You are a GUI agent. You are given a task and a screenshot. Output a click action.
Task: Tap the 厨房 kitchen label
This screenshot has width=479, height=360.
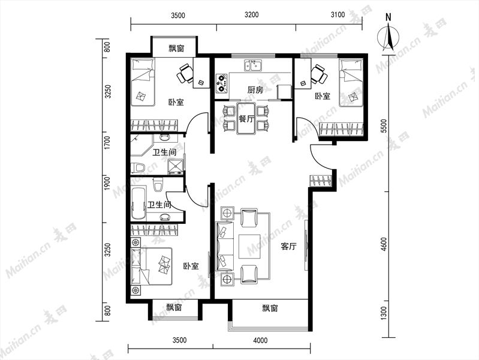point(255,90)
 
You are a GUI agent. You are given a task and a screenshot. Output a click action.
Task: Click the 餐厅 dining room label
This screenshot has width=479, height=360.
point(246,119)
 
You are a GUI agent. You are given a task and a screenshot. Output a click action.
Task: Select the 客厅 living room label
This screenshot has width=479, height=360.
point(288,246)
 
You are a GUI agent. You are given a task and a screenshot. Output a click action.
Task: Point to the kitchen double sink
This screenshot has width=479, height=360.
point(252,65)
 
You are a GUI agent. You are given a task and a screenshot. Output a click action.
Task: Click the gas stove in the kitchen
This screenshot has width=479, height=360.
point(221,83)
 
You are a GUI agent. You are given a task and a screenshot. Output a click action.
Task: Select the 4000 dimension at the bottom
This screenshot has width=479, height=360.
point(260,340)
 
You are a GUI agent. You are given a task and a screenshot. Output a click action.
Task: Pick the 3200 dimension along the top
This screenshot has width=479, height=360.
point(252,14)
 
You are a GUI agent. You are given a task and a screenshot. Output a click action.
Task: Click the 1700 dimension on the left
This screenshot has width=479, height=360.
point(107,143)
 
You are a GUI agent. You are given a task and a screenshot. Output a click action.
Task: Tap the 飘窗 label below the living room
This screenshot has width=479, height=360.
point(270,308)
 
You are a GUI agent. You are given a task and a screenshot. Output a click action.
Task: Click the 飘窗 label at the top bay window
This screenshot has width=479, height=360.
point(177,48)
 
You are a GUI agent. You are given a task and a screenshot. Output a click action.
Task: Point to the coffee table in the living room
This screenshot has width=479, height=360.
point(249,246)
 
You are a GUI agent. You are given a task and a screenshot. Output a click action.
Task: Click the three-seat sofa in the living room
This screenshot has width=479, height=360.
point(225,246)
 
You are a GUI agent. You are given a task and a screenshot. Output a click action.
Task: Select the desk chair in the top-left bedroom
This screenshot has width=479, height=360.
point(185,73)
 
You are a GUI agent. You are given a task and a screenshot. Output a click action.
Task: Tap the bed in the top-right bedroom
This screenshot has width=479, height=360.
point(351,83)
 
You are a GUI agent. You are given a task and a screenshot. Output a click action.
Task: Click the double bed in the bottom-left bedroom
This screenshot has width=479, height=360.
point(151,266)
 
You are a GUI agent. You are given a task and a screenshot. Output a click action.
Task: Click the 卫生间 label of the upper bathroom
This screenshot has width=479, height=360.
point(164,152)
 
